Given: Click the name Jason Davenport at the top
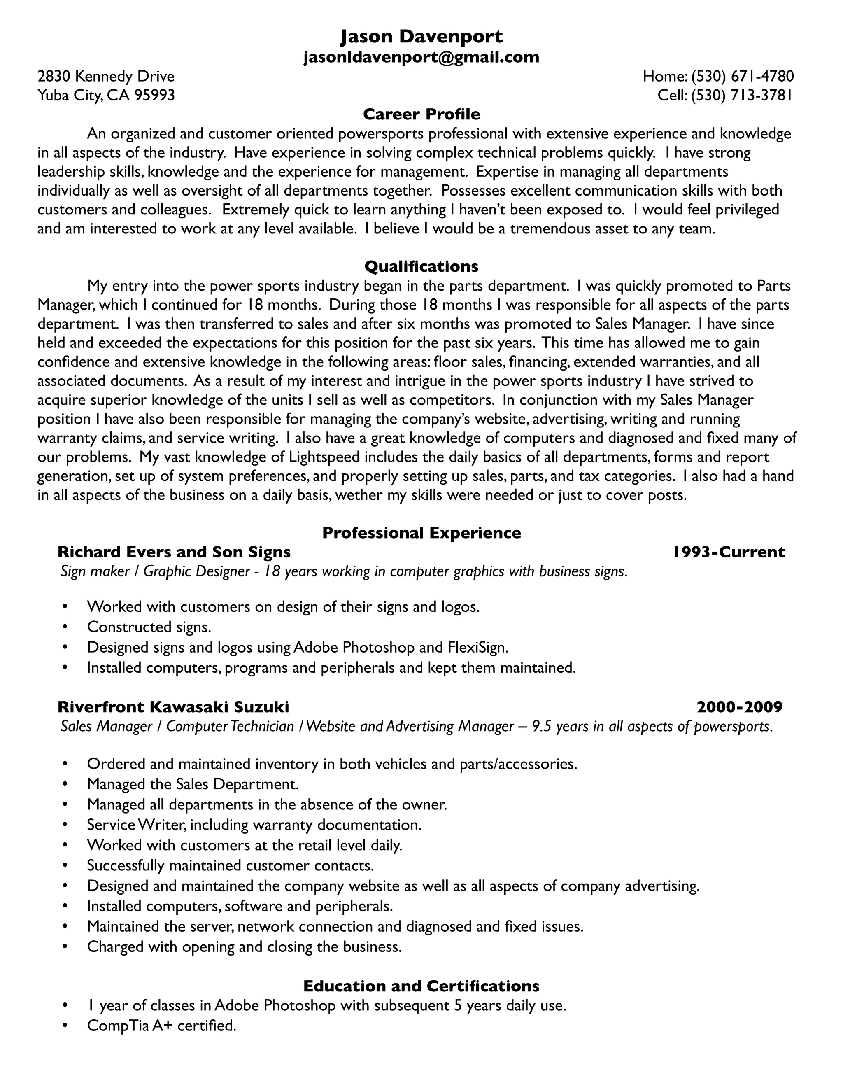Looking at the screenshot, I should [421, 37].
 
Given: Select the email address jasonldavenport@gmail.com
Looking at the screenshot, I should [421, 58].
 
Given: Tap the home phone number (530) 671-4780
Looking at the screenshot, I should [742, 77].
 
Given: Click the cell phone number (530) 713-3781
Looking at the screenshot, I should [742, 96].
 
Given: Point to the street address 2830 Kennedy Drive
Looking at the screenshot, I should [106, 77].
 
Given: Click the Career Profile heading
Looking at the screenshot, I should [421, 114].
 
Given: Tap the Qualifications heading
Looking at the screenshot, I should [421, 266].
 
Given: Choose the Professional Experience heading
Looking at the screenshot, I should [421, 533].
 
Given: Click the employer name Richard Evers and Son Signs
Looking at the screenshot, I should [174, 552].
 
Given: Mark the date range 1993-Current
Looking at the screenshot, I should [728, 552].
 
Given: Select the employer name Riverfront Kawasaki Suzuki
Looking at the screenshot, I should [173, 707].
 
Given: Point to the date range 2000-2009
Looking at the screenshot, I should [739, 707].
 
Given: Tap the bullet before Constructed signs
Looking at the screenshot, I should [65, 627].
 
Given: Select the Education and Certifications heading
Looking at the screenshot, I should [421, 986].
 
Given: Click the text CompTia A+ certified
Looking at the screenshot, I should [161, 1026].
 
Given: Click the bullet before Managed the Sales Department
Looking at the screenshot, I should [65, 784].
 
